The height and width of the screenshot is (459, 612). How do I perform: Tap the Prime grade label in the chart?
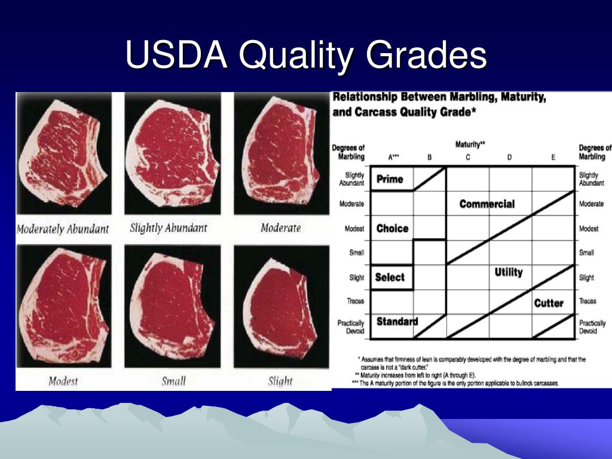pos(390,179)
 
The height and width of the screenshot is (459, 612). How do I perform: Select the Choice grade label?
pos(392,228)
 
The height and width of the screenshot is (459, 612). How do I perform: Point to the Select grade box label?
pos(390,277)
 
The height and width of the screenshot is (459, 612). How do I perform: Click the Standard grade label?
pos(397,321)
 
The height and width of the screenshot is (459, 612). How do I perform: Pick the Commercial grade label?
pos(486,204)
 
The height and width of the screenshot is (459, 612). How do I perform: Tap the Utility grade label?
pos(509,272)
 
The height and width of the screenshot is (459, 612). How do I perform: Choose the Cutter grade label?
pos(549,303)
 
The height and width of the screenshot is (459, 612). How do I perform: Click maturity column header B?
pos(429,157)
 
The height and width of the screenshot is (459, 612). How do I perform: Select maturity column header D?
pos(509,157)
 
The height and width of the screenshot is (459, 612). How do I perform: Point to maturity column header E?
pos(553,157)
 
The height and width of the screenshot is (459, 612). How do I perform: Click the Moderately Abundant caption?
pos(62,229)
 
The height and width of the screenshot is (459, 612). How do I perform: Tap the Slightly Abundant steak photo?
pos(173,154)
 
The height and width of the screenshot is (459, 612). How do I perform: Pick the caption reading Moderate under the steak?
pos(281,228)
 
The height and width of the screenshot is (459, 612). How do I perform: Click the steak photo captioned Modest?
pos(63,306)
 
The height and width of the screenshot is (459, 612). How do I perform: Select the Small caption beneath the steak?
pos(174,381)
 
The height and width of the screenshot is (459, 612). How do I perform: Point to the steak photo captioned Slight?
pos(281,306)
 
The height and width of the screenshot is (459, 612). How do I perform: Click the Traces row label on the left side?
pos(355,301)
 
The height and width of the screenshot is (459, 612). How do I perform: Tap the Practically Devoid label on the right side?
pos(592,327)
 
